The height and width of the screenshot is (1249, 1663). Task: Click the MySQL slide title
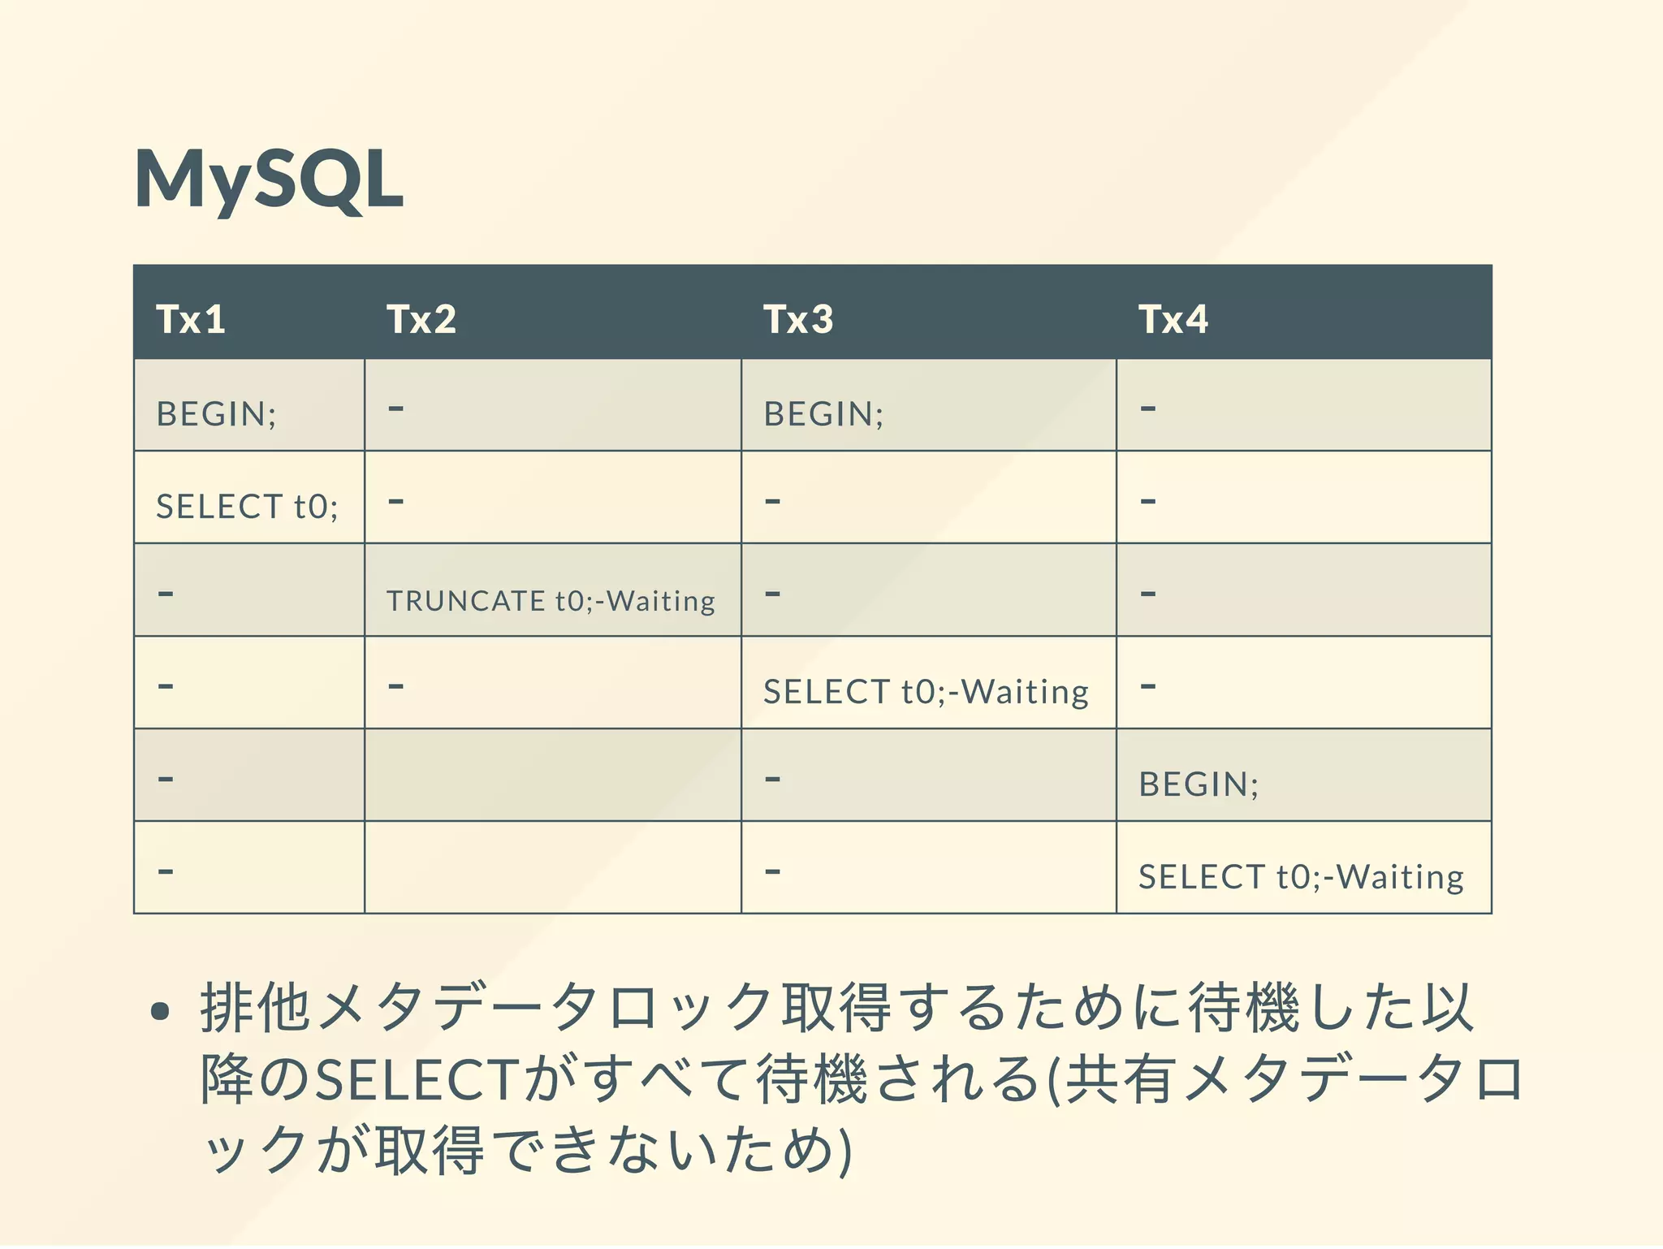click(x=269, y=179)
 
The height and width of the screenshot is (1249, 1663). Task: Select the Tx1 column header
click(x=191, y=319)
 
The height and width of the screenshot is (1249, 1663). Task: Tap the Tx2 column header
click(x=421, y=319)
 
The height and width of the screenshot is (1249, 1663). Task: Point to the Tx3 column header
click(x=798, y=319)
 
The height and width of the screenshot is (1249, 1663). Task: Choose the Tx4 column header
click(x=1173, y=319)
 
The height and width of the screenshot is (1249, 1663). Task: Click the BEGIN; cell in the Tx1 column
click(x=216, y=414)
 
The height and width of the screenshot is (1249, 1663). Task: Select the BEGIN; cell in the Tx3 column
click(x=823, y=414)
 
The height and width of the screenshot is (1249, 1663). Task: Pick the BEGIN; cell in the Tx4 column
click(x=1199, y=784)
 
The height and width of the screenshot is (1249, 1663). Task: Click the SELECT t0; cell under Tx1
click(x=247, y=507)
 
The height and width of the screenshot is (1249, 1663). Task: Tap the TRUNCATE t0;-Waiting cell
click(x=551, y=601)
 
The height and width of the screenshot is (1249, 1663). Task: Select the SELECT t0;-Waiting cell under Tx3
click(x=926, y=692)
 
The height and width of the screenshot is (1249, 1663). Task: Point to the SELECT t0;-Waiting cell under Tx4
click(x=1301, y=877)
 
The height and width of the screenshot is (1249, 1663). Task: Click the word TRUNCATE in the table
click(x=465, y=601)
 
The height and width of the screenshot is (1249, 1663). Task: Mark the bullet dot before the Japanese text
click(x=160, y=1010)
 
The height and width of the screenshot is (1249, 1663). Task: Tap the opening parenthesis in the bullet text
click(x=1054, y=1080)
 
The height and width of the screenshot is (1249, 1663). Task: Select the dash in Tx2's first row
click(x=395, y=408)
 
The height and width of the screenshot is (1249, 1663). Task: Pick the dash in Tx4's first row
click(x=1147, y=408)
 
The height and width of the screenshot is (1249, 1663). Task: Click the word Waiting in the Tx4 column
click(x=1400, y=877)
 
